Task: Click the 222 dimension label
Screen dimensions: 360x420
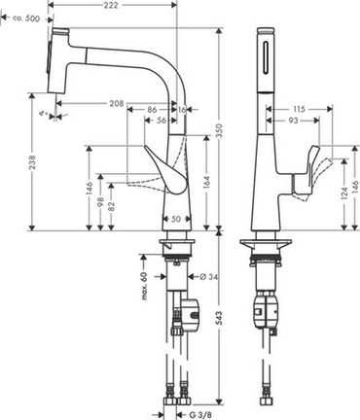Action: (x=111, y=5)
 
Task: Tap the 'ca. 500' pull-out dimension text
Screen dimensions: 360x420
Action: (x=26, y=18)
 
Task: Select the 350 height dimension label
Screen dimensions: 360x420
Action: (x=220, y=130)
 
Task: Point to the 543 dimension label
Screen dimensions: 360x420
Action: (x=220, y=319)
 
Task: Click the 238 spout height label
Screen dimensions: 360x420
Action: (x=32, y=162)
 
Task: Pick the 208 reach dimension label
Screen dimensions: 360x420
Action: (x=117, y=103)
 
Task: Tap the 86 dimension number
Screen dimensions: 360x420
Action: (x=152, y=110)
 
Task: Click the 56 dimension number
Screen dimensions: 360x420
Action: (x=162, y=121)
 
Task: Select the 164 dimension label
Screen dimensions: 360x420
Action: (x=206, y=183)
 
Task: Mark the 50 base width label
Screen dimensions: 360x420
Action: (x=175, y=219)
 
